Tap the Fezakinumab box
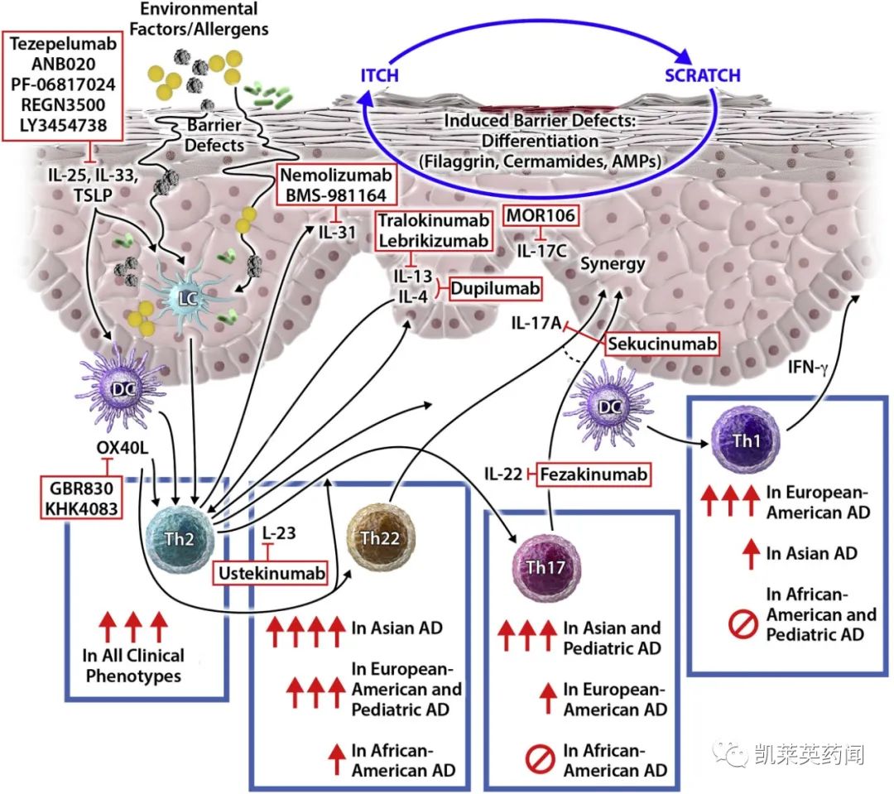593,474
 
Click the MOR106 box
541,215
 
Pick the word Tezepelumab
63,44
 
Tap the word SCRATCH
703,76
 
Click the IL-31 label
338,231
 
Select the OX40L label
123,452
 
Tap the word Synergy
613,263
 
